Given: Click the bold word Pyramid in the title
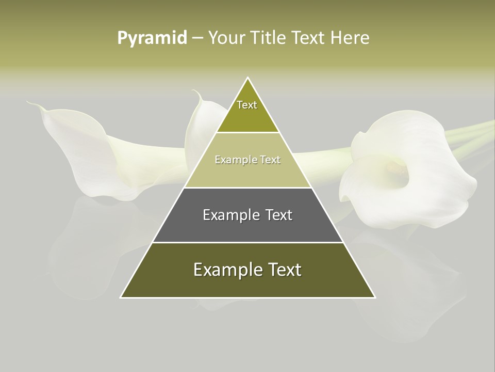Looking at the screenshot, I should tap(152, 38).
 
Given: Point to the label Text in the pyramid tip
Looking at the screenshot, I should tap(247, 105).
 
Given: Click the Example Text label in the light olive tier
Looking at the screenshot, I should tap(247, 160).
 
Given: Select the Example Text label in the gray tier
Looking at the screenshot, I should tap(247, 215).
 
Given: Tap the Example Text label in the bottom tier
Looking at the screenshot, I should tap(247, 270).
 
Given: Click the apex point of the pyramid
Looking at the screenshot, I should tap(248, 78).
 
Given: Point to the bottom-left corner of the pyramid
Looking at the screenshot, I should tap(121, 298).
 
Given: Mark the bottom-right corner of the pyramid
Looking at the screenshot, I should tap(375, 298).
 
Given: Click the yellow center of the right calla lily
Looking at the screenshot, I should tap(396, 166).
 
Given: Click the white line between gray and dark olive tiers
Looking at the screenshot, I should tap(247, 242).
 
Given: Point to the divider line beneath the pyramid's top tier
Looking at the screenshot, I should tap(247, 133).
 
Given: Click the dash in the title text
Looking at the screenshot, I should tap(197, 38).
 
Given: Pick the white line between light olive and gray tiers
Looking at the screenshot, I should tap(247, 188).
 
